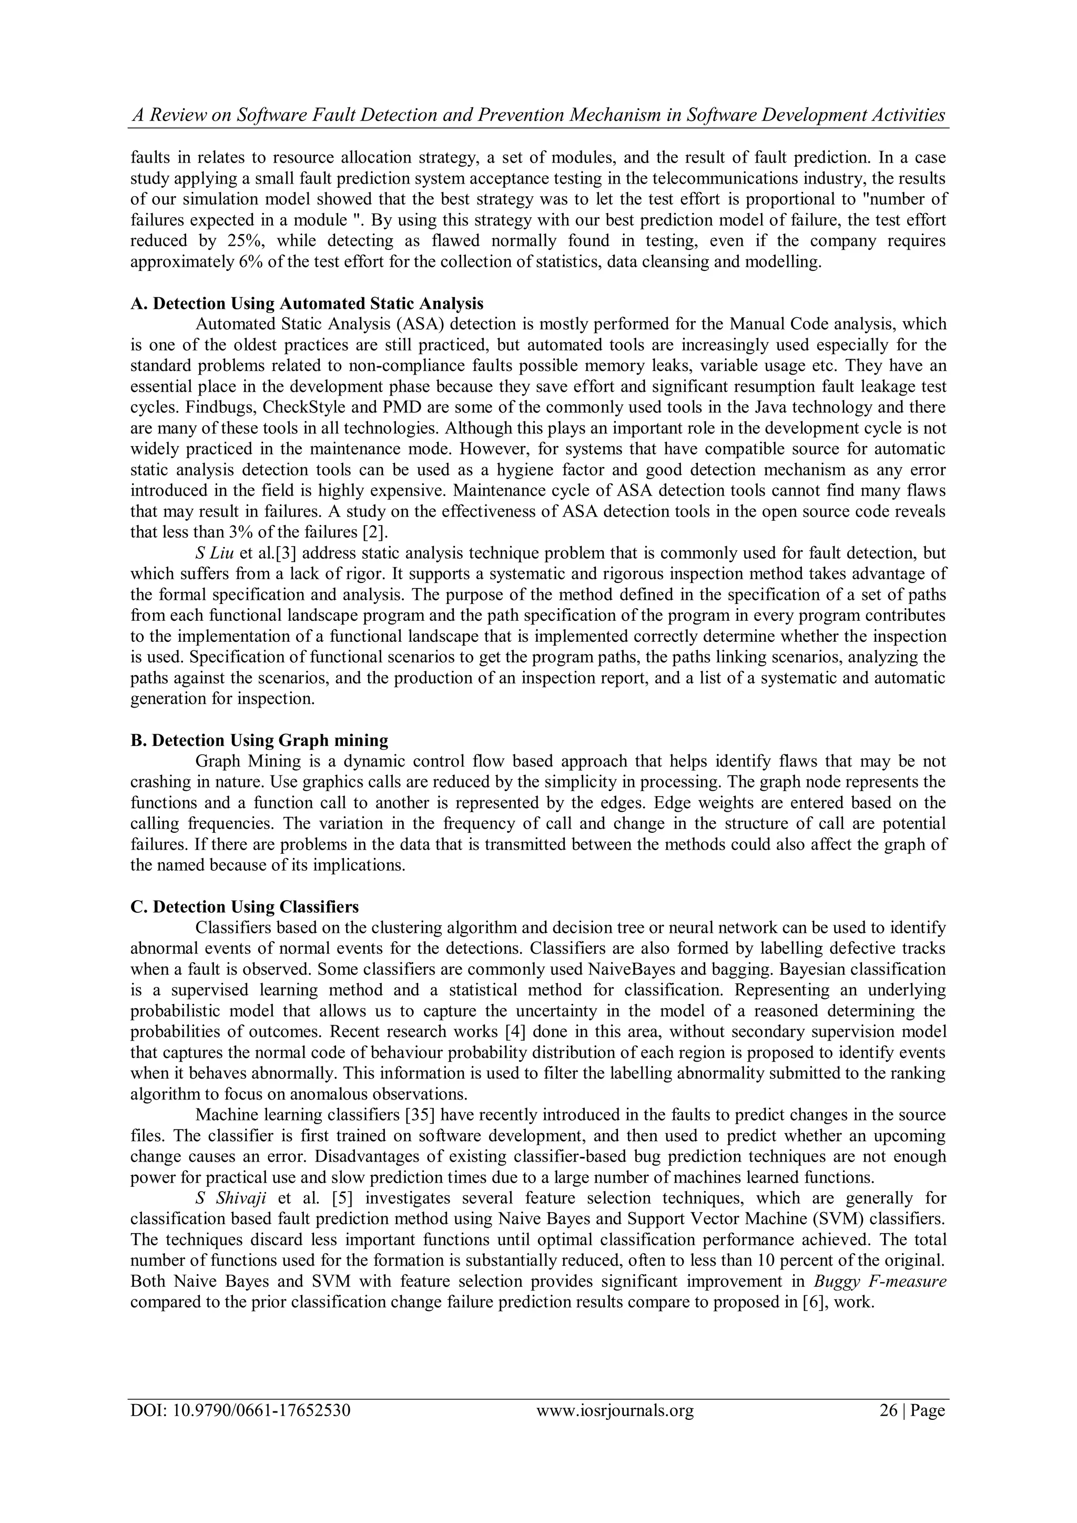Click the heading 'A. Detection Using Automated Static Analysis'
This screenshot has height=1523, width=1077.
[307, 304]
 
